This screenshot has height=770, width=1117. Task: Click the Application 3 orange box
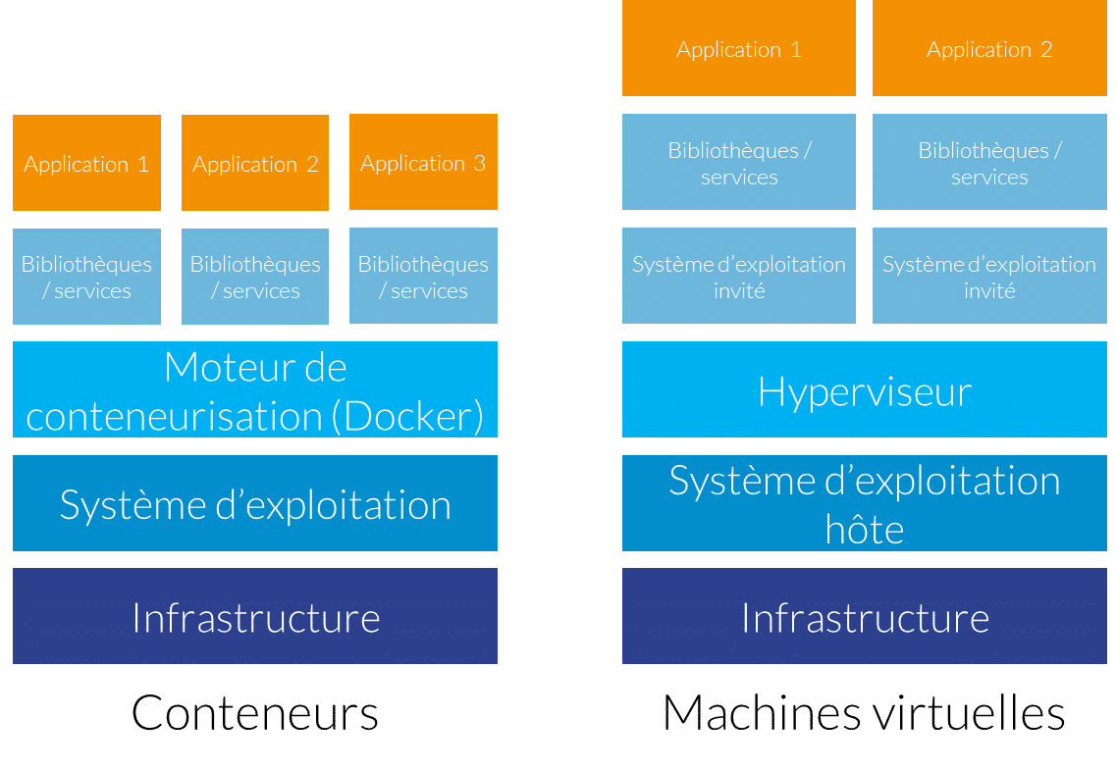(x=423, y=162)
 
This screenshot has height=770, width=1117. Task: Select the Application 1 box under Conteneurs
(x=86, y=163)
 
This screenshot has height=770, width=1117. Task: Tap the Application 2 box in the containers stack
(x=255, y=163)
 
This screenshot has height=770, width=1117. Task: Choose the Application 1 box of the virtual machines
(x=738, y=49)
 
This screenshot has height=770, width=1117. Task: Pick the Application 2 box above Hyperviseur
(x=989, y=49)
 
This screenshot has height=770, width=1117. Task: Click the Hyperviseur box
(x=864, y=389)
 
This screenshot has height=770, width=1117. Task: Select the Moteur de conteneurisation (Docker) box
(x=255, y=389)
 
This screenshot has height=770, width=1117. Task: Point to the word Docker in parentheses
(x=407, y=416)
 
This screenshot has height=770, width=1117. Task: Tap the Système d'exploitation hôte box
(x=864, y=502)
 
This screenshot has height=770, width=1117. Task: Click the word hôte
(x=864, y=530)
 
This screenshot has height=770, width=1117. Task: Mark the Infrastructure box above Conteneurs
(x=255, y=616)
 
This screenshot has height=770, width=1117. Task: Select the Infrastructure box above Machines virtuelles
(x=864, y=616)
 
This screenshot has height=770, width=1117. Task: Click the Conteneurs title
(x=255, y=713)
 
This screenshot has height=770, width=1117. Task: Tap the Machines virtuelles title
(x=864, y=713)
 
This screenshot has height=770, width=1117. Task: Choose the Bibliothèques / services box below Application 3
(x=423, y=276)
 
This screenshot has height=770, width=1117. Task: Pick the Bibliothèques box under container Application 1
(x=86, y=277)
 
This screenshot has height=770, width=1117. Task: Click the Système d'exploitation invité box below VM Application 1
(x=738, y=276)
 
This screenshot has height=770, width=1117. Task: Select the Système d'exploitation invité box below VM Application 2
(x=989, y=276)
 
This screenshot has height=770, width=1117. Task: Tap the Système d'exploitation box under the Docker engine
(x=255, y=503)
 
